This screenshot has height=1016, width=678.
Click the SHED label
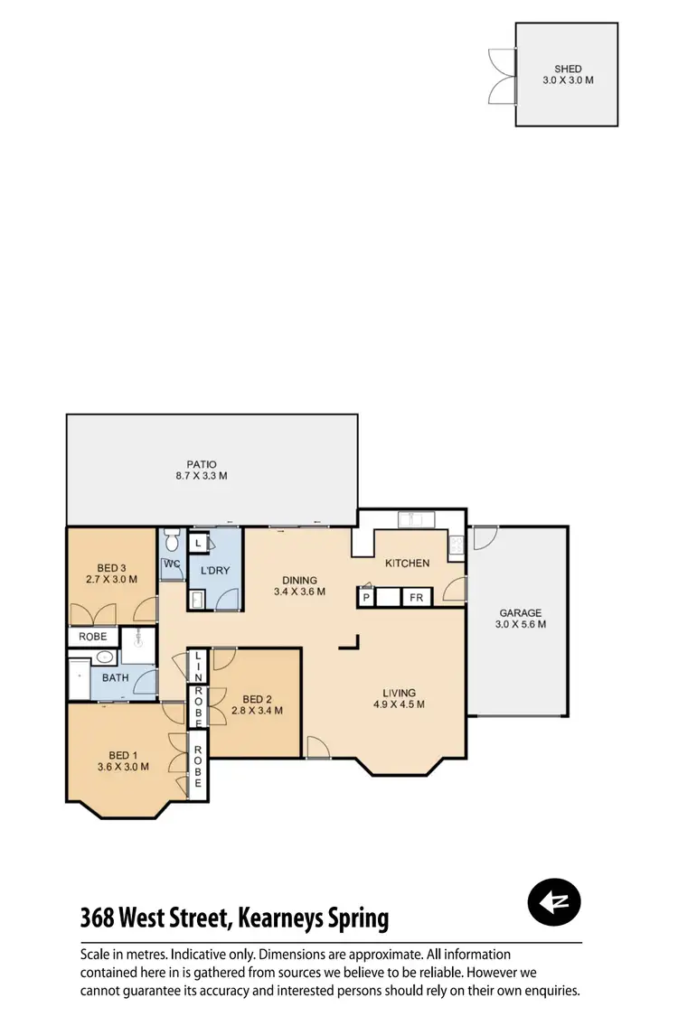tap(569, 69)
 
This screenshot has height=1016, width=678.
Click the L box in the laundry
tap(197, 544)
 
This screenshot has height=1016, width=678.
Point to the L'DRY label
tap(215, 571)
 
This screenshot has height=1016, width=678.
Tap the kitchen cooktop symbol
tap(457, 545)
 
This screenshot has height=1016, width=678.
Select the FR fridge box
tap(417, 598)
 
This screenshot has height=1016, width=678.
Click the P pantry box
tap(367, 598)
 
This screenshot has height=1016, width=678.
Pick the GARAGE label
tap(519, 612)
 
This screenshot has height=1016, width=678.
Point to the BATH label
tap(115, 676)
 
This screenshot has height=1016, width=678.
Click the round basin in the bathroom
tap(105, 657)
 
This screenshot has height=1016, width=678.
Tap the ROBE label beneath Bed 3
tap(92, 637)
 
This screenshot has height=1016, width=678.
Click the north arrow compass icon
tap(554, 901)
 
